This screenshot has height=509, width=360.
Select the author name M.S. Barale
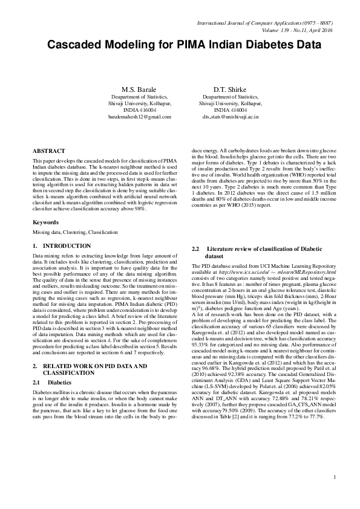click(x=140, y=88)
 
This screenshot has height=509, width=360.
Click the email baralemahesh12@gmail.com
click(x=140, y=117)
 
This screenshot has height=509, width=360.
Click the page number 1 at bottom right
click(x=333, y=495)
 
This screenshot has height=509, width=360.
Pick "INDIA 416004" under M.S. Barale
click(x=140, y=110)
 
